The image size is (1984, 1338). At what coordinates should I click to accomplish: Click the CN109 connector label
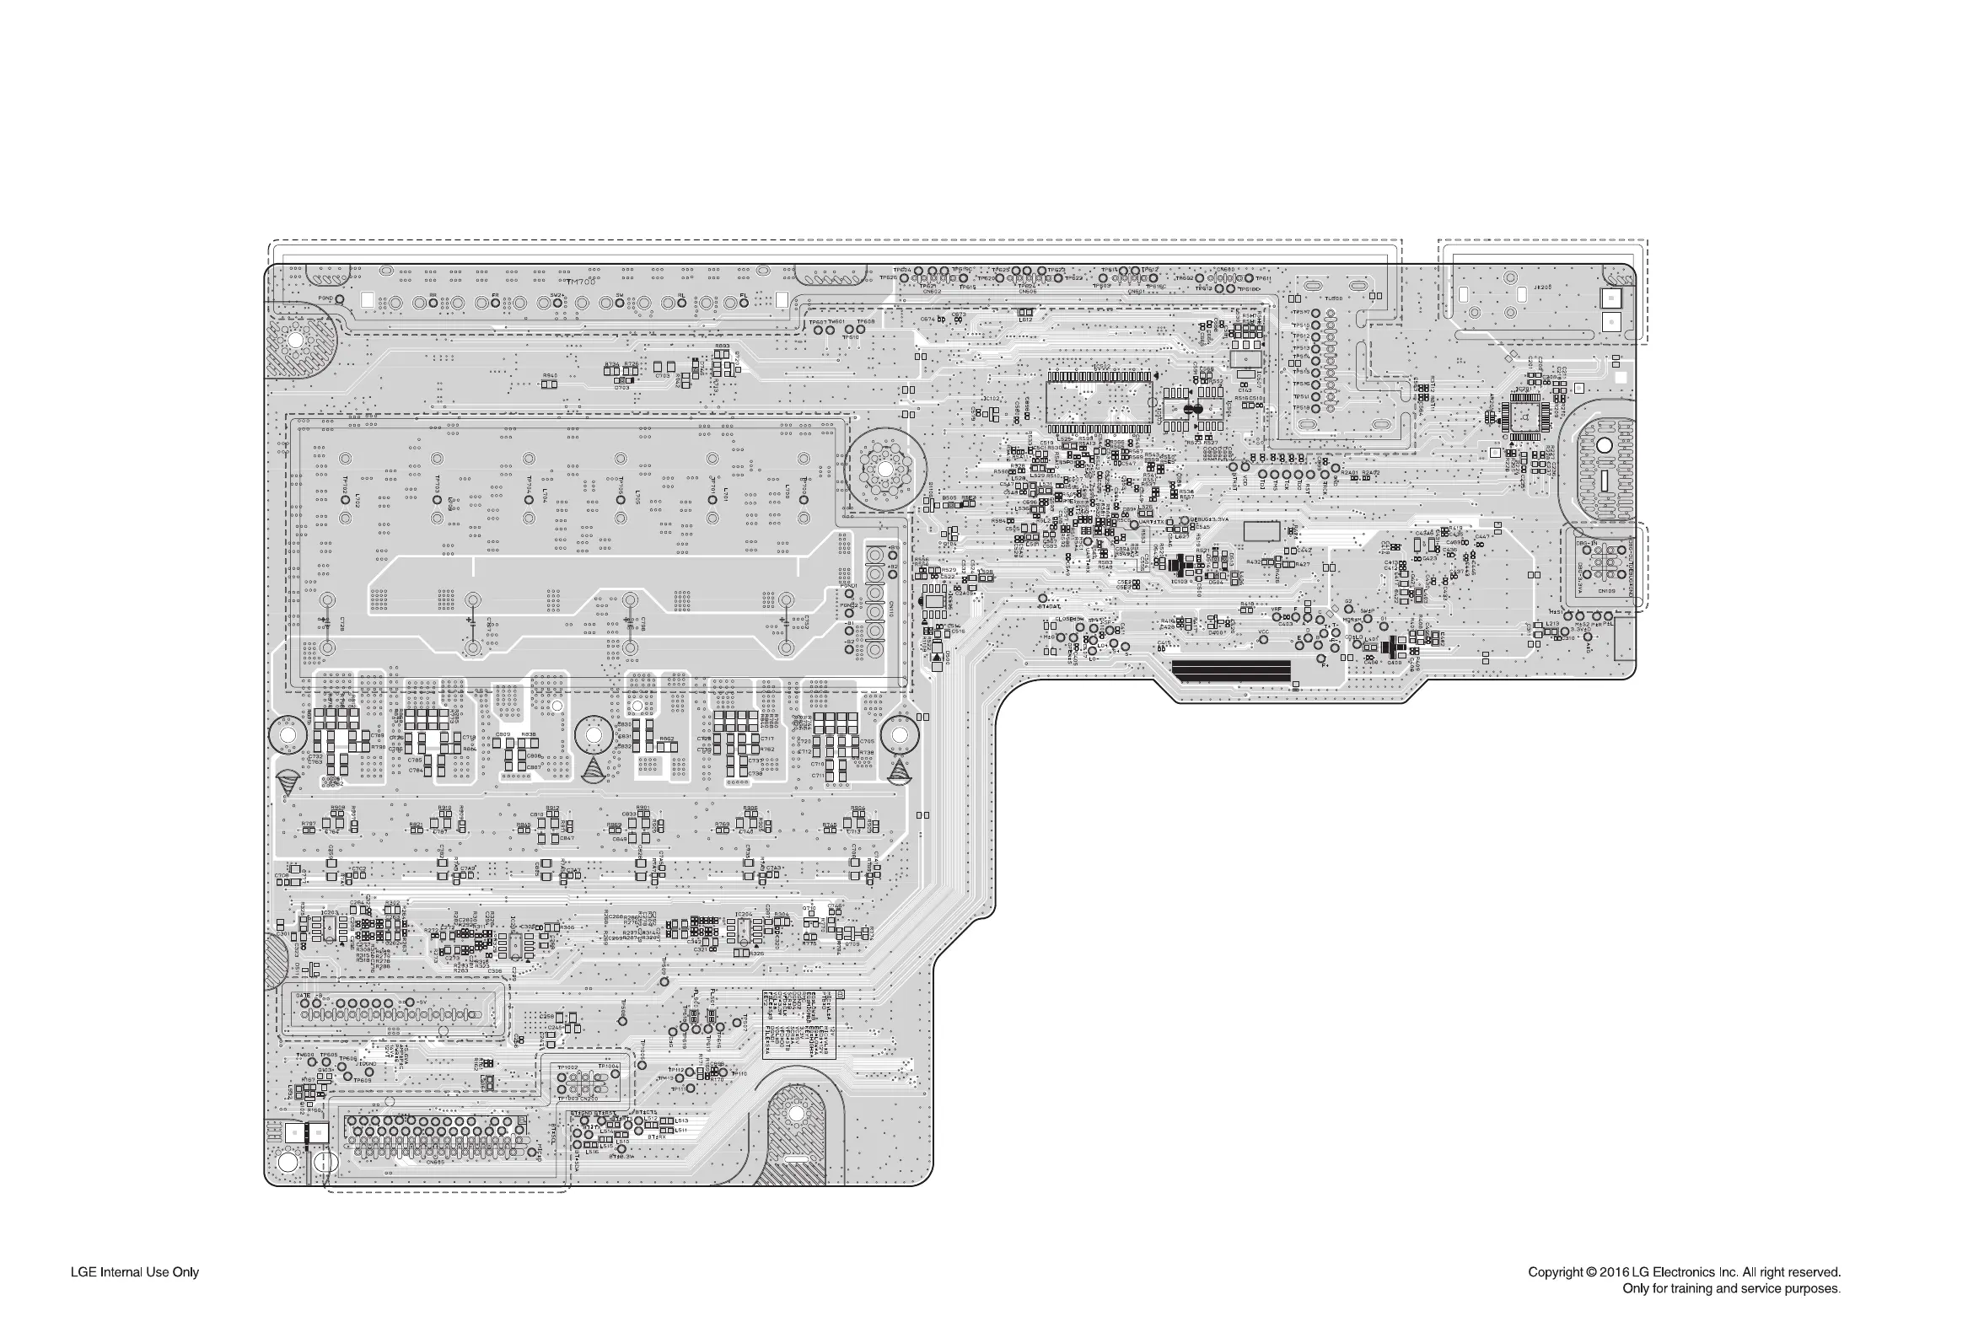click(x=1606, y=590)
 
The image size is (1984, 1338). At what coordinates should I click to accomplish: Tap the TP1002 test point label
click(x=567, y=1067)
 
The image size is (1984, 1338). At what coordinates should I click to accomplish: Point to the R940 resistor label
click(x=550, y=375)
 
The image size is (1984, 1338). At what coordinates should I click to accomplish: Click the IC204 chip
click(x=743, y=929)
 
